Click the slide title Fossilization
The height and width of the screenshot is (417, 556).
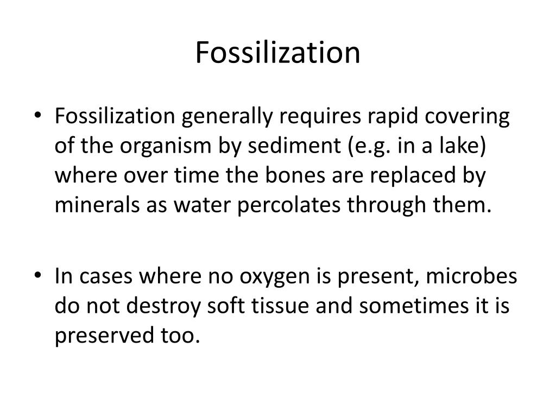pyautogui.click(x=277, y=53)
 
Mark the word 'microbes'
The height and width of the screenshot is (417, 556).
pyautogui.click(x=471, y=277)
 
